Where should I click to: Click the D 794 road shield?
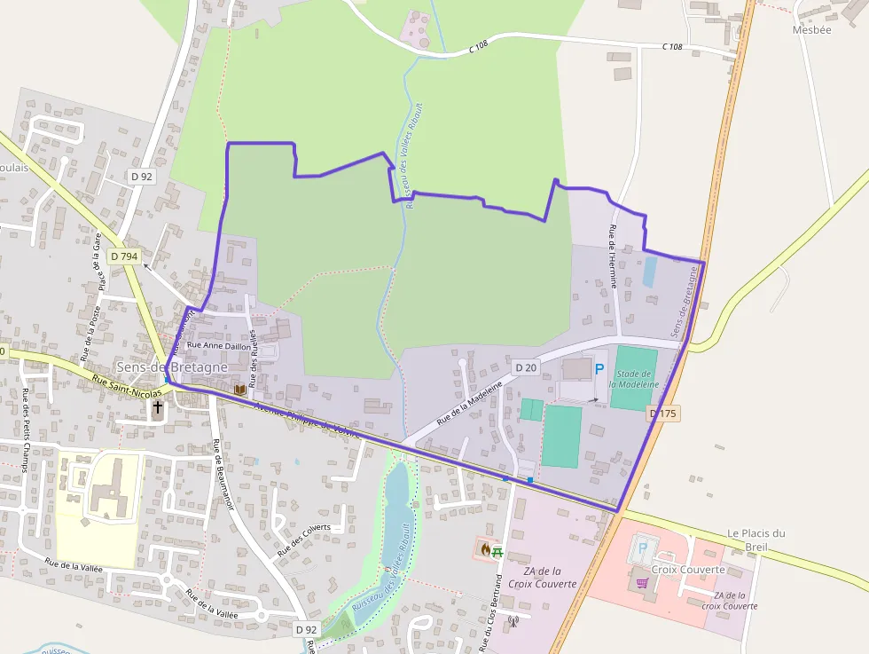pos(124,256)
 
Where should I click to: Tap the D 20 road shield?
pos(526,366)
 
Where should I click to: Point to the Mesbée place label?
pos(811,28)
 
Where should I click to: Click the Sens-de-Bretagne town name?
pos(172,366)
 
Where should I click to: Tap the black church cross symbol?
pos(158,407)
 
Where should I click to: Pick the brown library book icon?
pos(239,389)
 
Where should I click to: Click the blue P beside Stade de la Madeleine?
pos(599,368)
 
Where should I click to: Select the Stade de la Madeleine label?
pos(635,379)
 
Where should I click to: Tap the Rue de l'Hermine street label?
pos(613,256)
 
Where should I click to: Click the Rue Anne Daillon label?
pos(219,346)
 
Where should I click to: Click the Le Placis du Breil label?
pos(755,540)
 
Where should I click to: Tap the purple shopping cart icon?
pos(642,583)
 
